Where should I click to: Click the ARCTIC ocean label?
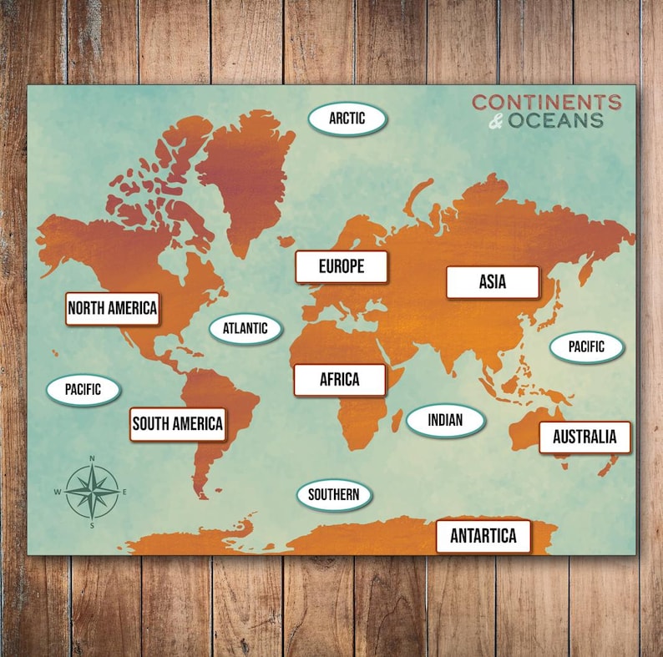tap(347, 119)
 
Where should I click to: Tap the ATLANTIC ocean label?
tap(245, 328)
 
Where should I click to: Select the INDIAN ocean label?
tap(445, 421)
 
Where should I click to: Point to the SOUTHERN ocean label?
tap(334, 495)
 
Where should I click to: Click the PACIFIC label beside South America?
tap(83, 389)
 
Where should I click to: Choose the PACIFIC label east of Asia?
tap(586, 346)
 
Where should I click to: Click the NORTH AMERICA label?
tap(112, 308)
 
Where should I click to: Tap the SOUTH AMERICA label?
tap(178, 424)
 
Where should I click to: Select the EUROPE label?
tap(341, 267)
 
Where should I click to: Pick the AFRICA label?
tap(339, 380)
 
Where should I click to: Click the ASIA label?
tap(493, 282)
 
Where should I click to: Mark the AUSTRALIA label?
tap(585, 437)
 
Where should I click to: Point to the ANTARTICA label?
tap(483, 536)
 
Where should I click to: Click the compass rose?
tap(92, 491)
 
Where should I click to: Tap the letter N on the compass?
tap(92, 458)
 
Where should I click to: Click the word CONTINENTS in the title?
tap(546, 103)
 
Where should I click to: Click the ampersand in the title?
tap(496, 122)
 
